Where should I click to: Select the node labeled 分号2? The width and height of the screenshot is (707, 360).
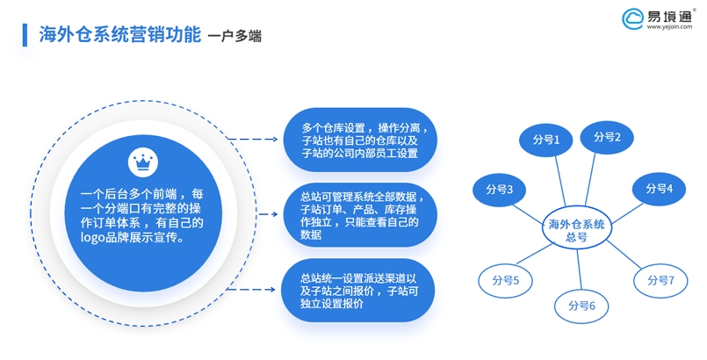coord(607,136)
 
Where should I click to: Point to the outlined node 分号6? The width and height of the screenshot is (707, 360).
coord(581,306)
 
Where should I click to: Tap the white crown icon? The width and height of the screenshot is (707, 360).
coord(141,162)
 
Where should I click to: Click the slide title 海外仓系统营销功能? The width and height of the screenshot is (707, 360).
coord(119,35)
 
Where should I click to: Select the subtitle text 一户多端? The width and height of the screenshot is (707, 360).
coord(234,37)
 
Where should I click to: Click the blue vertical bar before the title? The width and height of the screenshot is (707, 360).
coord(23,34)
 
